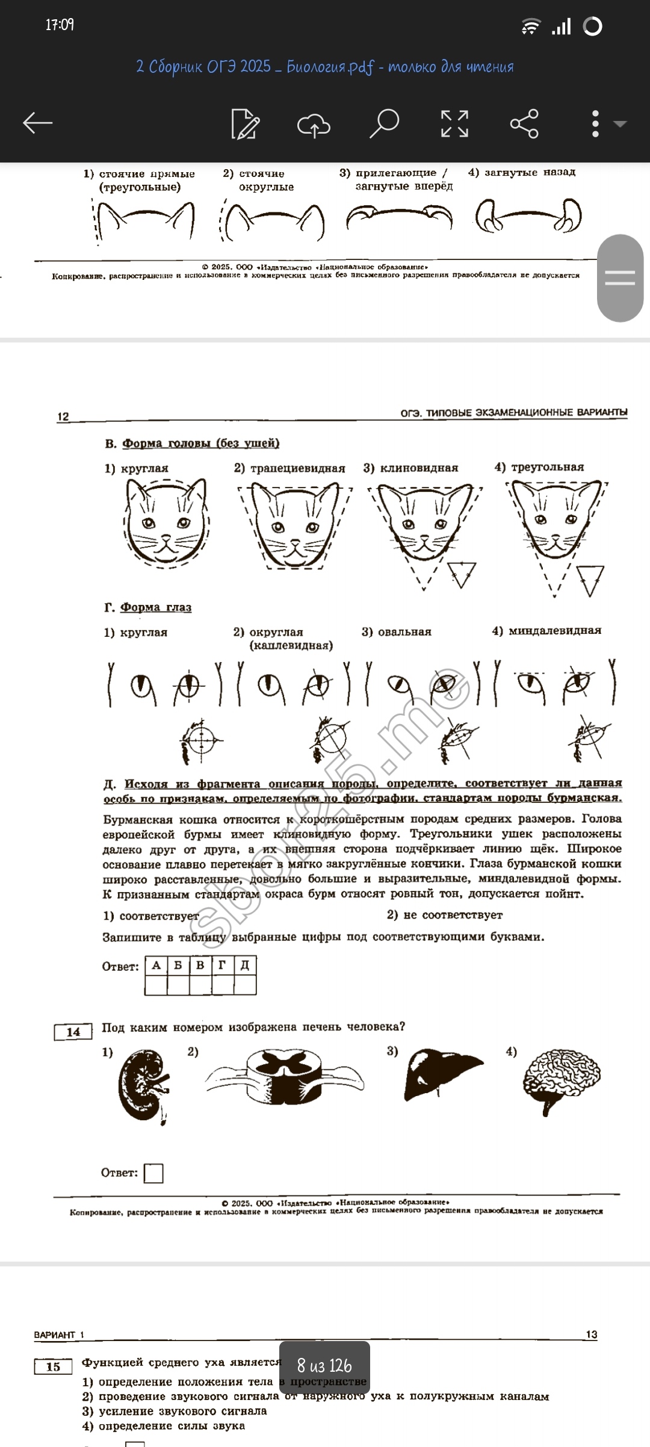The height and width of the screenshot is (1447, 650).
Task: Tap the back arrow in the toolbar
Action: (37, 123)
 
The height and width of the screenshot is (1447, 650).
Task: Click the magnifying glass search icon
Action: (384, 123)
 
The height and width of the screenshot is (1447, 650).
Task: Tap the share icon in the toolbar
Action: (524, 123)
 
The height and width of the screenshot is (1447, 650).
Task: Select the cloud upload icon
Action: (314, 125)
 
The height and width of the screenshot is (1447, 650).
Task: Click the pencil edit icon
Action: (246, 124)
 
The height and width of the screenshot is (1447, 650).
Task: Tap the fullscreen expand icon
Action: (454, 123)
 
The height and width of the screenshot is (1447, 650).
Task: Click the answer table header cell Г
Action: (223, 965)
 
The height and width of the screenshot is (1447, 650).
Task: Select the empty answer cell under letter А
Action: (156, 985)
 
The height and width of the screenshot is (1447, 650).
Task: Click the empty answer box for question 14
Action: (153, 1173)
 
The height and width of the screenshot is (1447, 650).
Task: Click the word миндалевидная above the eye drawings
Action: (554, 631)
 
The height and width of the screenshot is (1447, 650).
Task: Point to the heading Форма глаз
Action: (156, 607)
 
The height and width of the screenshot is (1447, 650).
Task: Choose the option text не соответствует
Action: (453, 915)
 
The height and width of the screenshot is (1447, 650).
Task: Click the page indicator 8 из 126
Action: (324, 1365)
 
